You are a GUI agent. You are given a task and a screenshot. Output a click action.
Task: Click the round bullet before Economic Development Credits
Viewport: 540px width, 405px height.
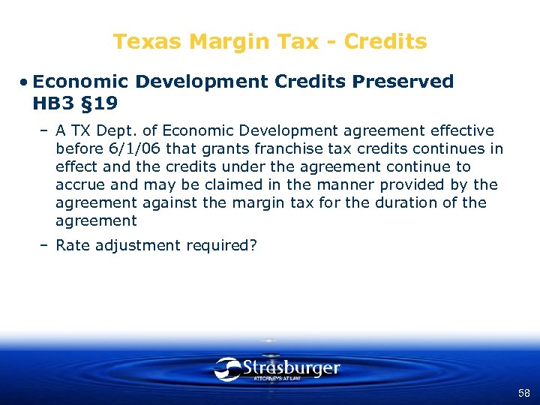(25, 82)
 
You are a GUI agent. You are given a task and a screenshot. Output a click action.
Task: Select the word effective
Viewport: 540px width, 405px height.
(460, 130)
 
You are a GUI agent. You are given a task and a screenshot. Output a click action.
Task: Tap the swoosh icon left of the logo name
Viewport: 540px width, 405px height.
(227, 368)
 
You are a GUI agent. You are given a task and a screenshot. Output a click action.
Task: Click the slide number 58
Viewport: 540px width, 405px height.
(523, 394)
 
